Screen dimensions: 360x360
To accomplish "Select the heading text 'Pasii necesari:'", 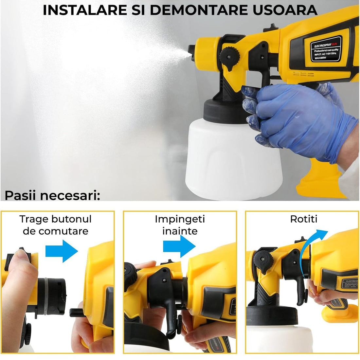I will (x=52, y=195).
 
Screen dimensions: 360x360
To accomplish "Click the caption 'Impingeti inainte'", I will (x=180, y=225).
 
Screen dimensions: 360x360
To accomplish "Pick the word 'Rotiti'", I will (x=304, y=219).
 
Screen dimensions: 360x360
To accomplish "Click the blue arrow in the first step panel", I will (x=62, y=251).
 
